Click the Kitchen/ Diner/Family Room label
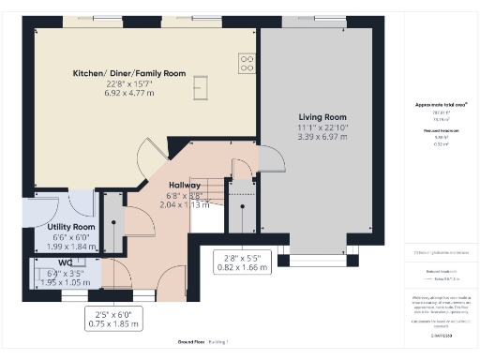[129, 73]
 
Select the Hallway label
[184, 186]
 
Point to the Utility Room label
[71, 228]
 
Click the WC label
[66, 262]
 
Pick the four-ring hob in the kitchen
[248, 64]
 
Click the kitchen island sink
[199, 87]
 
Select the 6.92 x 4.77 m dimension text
[129, 95]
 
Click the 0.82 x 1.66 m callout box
[242, 262]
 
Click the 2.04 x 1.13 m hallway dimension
[184, 204]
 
